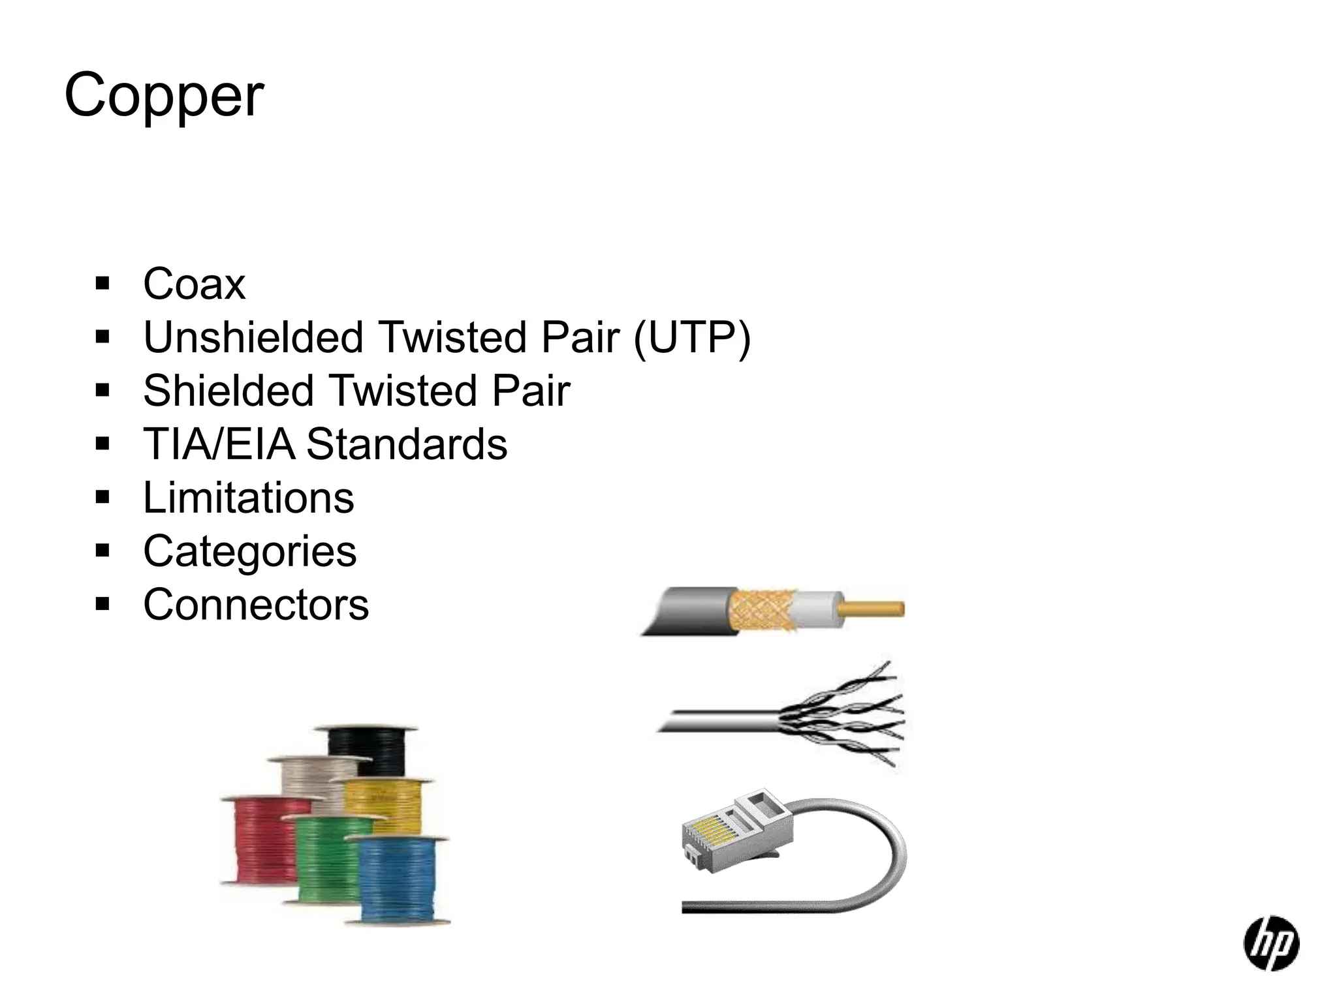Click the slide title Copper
164,96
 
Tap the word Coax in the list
194,284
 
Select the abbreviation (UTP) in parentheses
692,338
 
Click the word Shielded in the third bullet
228,391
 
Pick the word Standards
407,445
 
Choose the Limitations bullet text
248,498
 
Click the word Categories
249,552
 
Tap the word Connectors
256,605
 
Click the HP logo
1270,943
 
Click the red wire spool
258,842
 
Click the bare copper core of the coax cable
875,609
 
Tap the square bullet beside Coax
102,284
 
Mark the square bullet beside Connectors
102,605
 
